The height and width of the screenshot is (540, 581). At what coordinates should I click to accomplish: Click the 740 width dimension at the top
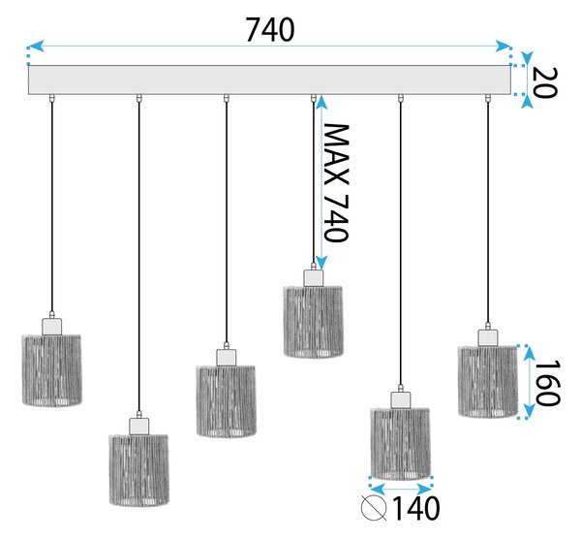tap(270, 30)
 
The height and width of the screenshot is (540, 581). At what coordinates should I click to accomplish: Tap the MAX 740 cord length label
tap(336, 183)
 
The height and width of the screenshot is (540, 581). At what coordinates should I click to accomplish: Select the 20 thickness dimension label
tap(544, 82)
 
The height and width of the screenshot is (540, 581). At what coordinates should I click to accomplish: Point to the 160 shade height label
tap(548, 383)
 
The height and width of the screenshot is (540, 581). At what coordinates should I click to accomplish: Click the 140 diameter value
tap(415, 508)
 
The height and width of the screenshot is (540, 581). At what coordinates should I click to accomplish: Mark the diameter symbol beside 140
tap(374, 508)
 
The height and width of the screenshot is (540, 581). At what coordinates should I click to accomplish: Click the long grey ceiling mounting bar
tap(269, 79)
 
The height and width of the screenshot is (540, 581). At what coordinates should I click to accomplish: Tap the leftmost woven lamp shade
tap(52, 369)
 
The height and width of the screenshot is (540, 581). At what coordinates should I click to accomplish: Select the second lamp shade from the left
tap(138, 470)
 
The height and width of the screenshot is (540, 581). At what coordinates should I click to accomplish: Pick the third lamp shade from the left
tap(226, 401)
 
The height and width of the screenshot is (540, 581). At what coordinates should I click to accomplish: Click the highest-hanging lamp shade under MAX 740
tap(313, 322)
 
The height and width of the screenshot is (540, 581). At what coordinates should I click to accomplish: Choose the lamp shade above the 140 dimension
tap(400, 444)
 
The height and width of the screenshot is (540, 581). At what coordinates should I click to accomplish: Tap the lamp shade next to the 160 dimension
tap(488, 382)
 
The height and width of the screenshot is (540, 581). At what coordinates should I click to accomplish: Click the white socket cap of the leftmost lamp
tap(52, 327)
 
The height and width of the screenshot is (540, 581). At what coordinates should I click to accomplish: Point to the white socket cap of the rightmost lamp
tap(488, 338)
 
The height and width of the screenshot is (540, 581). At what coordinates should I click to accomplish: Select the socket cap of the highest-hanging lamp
tap(313, 278)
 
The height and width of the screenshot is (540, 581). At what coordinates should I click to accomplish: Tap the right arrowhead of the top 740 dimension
tap(504, 47)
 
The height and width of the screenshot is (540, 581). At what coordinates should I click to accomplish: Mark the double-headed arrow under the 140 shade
tap(401, 490)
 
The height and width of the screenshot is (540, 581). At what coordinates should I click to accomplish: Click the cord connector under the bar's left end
tap(52, 98)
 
